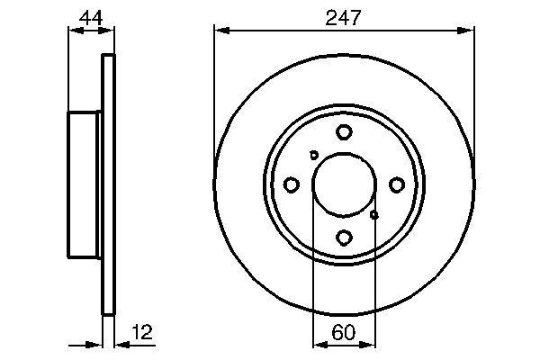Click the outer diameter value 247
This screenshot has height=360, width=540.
(344, 16)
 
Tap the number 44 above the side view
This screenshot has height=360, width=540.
(90, 16)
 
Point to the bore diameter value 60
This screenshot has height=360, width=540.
(343, 332)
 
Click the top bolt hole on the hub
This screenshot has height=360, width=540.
(344, 132)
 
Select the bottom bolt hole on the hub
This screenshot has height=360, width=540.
(344, 238)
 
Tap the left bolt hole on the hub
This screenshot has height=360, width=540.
(291, 184)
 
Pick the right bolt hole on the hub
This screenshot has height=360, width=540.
(396, 184)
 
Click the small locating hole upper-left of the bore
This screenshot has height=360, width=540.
(313, 155)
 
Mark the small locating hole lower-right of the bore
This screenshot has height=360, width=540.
(374, 214)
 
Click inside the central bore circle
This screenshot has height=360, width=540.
(343, 184)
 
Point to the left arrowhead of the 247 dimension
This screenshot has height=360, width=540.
(219, 31)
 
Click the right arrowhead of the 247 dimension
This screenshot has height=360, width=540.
(468, 31)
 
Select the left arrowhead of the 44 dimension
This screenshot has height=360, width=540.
(74, 31)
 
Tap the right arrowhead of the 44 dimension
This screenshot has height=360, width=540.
(111, 31)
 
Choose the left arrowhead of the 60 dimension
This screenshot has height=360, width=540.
(316, 344)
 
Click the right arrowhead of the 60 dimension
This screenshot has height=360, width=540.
(370, 344)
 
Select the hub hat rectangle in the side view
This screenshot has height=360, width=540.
(85, 184)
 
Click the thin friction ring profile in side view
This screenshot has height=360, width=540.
(110, 184)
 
